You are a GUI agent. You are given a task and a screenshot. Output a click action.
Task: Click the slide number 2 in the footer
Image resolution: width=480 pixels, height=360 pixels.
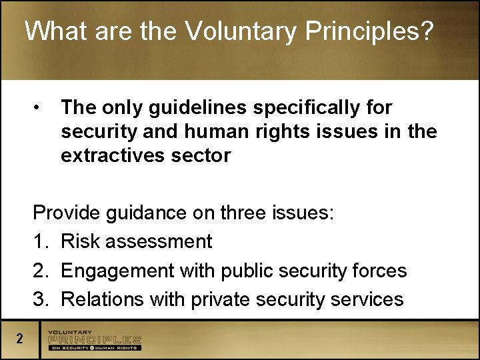pos(20,339)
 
